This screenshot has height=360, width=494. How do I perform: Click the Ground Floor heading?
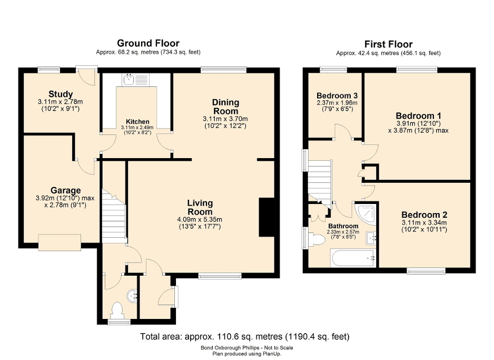click(148, 43)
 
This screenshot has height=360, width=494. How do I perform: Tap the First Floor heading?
click(388, 44)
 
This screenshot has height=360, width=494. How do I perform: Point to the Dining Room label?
click(225, 106)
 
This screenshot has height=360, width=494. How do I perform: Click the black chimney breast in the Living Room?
click(268, 217)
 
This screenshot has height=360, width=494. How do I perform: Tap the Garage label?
click(65, 190)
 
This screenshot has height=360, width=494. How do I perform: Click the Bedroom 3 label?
click(337, 95)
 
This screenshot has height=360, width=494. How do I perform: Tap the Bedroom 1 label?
click(418, 115)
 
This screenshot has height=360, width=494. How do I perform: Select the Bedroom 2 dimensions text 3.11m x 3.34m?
click(424, 222)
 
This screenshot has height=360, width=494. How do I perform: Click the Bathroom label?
click(343, 226)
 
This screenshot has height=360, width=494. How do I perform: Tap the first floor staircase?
click(320, 182)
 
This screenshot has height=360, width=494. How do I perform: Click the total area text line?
click(244, 336)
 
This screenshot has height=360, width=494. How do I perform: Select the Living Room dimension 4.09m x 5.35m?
click(199, 219)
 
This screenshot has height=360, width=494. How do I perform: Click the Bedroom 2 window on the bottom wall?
click(426, 271)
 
